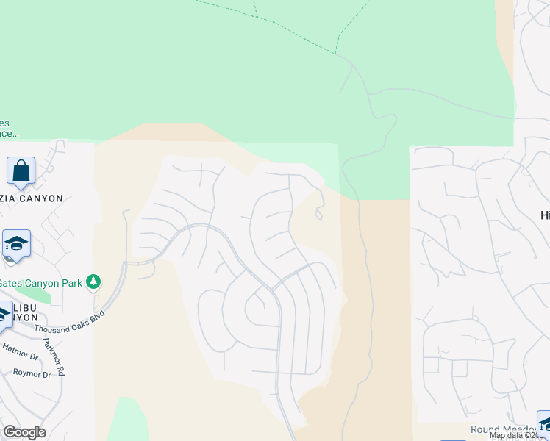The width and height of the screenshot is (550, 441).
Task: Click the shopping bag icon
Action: click(x=21, y=171)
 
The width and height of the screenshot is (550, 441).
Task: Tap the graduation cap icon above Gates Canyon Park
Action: click(x=15, y=243)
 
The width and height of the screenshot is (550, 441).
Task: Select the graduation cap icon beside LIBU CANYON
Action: click(x=4, y=314)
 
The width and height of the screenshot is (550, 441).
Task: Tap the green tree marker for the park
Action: click(x=93, y=282)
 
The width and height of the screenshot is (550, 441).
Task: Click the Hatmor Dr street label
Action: click(x=20, y=352)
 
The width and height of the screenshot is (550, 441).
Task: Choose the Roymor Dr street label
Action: click(x=32, y=373)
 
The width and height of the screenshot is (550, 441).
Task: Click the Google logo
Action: click(x=24, y=431)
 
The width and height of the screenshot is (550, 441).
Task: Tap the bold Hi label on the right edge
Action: click(x=544, y=214)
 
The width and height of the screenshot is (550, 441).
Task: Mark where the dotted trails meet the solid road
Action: click(x=337, y=54)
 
